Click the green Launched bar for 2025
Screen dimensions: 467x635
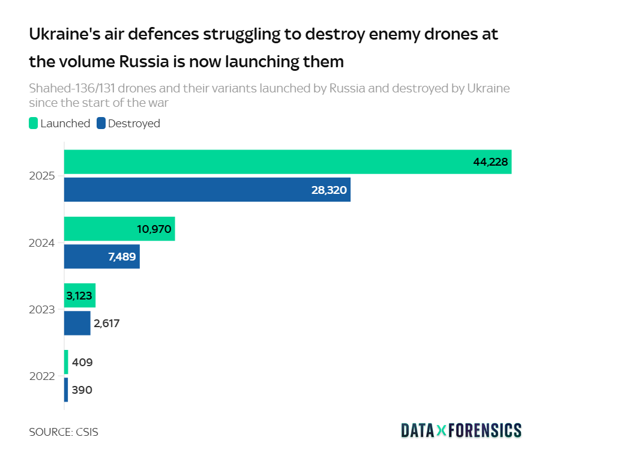coord(270,162)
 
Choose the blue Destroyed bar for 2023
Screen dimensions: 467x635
coord(77,323)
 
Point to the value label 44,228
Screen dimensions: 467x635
coord(490,162)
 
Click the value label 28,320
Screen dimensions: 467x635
coord(329,190)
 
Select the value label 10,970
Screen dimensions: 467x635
coord(154,229)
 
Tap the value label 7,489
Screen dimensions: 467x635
coord(122,256)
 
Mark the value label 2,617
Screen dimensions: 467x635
coord(107,324)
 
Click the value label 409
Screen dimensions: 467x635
coord(82,363)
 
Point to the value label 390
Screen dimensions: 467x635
coord(82,390)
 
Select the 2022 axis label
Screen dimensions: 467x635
coord(42,376)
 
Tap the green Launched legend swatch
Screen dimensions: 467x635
coord(34,124)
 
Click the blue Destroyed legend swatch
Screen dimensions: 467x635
coord(101,124)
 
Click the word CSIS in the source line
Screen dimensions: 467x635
coord(86,432)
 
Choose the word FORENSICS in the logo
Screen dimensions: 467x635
coord(485,430)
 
